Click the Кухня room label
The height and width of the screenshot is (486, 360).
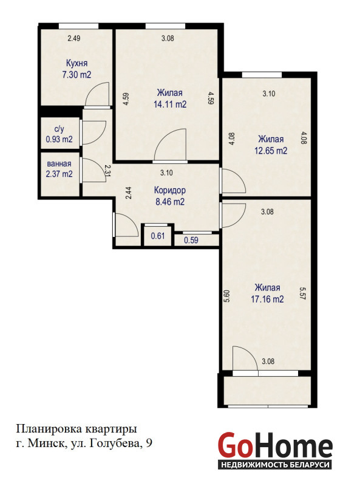point(77,63)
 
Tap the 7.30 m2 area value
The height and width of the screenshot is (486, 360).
point(77,75)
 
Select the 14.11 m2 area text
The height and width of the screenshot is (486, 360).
point(170,104)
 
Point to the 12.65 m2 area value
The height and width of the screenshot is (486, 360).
point(271,151)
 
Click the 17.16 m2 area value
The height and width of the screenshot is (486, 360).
point(267,299)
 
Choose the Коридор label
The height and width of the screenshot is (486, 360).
point(170,190)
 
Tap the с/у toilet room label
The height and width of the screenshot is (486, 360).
point(59,129)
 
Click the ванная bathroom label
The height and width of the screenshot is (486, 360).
point(59,163)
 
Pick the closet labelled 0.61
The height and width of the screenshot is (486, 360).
point(158,236)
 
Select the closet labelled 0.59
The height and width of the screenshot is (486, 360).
point(191,240)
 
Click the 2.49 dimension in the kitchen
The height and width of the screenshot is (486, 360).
point(74,38)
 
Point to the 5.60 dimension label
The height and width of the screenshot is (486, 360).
point(227,296)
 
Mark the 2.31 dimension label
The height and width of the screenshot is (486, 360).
point(107,171)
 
